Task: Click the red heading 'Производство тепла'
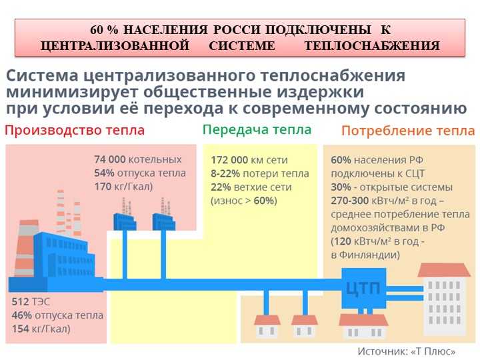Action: point(75,131)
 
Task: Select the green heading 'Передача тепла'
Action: point(257,130)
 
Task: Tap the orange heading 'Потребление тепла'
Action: point(408,131)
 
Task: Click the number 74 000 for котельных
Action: point(110,159)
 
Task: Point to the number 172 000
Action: point(229,160)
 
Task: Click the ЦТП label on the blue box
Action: point(363,288)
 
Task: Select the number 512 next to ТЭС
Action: point(20,302)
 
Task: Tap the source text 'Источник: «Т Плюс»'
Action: point(407,351)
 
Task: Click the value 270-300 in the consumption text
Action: point(349,201)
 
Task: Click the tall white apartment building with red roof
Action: point(443,299)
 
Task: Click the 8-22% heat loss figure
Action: point(225,173)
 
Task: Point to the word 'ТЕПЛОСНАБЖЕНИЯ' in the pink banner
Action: point(372,46)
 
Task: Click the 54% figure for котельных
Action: point(104,173)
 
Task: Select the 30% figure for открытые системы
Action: point(341,187)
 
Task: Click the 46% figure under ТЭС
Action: point(22,315)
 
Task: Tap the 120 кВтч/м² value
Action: point(362,241)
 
